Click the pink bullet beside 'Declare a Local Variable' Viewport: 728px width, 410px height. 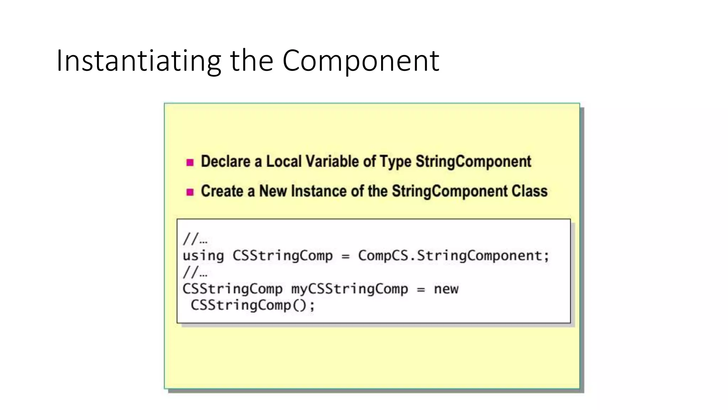(x=190, y=163)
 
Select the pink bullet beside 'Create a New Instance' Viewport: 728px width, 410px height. (x=190, y=192)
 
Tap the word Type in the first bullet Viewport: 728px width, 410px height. (x=396, y=162)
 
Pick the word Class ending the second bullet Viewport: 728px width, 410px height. (x=529, y=191)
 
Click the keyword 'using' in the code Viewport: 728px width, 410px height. (x=203, y=256)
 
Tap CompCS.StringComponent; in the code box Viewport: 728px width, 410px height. (x=454, y=256)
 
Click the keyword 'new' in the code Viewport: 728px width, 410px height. (x=446, y=289)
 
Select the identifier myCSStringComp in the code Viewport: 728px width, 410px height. (x=349, y=289)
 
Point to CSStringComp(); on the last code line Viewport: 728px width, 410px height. (x=253, y=305)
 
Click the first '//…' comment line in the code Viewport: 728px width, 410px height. (x=195, y=239)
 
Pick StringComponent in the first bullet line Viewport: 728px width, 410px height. (x=473, y=162)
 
